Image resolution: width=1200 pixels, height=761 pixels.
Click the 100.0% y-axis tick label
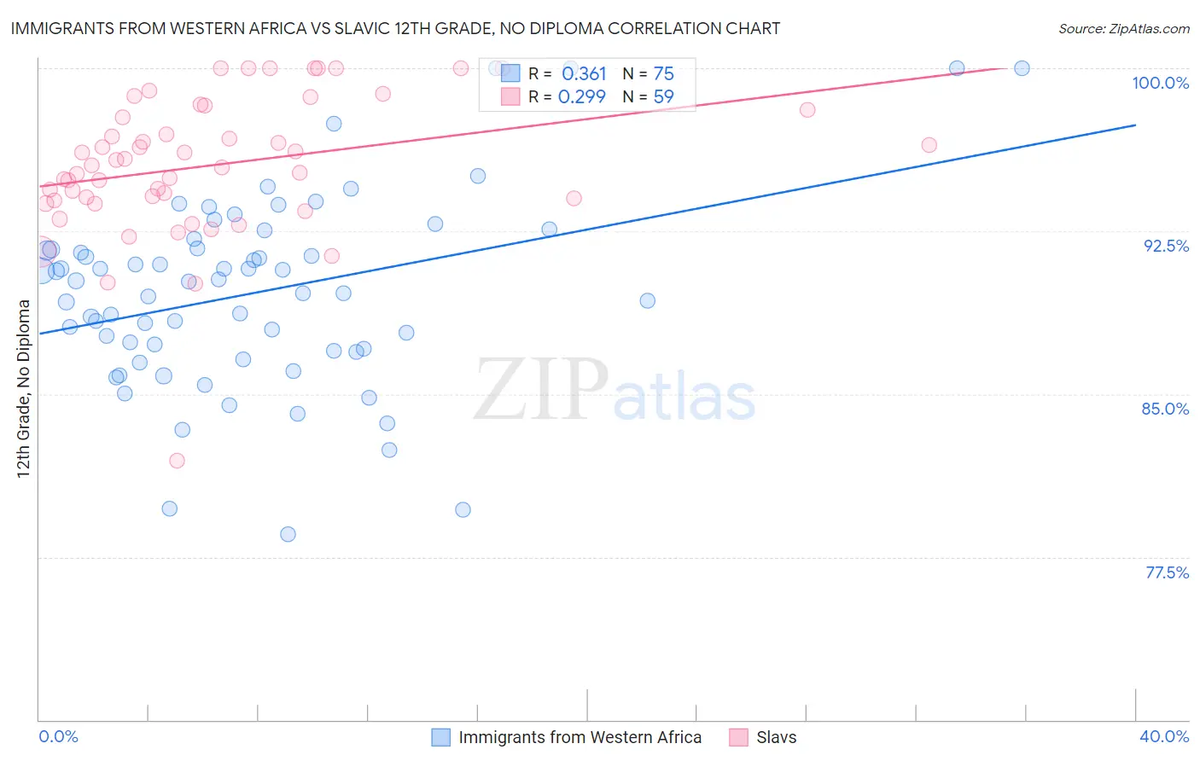(x=1160, y=83)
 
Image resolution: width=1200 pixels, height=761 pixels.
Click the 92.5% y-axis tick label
(x=1166, y=246)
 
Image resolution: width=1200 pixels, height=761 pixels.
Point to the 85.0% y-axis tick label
(x=1165, y=409)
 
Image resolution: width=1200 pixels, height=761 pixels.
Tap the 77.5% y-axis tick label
(x=1167, y=572)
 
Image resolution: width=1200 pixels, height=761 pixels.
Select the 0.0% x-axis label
(x=58, y=736)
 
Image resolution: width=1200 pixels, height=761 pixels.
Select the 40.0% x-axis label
(x=1164, y=736)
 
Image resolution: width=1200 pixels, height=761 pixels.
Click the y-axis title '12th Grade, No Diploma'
(x=24, y=388)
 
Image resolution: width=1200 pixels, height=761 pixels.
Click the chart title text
(x=395, y=28)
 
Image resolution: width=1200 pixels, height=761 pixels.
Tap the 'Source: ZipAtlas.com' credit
(x=1123, y=28)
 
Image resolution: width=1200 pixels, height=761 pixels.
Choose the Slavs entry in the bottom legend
(x=776, y=737)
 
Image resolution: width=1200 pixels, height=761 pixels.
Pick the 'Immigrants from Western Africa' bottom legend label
(x=580, y=737)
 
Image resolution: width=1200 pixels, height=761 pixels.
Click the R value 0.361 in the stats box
(x=584, y=74)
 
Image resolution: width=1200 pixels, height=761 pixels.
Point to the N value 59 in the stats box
(x=663, y=97)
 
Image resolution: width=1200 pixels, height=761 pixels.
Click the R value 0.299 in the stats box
(x=582, y=97)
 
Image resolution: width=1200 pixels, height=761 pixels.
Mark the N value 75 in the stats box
(x=663, y=74)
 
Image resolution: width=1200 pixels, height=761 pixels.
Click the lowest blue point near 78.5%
(x=288, y=534)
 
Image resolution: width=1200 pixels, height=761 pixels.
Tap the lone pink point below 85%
(x=177, y=461)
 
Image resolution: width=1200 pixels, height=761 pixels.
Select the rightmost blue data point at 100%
(x=1022, y=68)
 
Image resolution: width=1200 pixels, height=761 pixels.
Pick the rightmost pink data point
(x=929, y=145)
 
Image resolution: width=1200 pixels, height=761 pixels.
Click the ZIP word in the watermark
(x=541, y=390)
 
